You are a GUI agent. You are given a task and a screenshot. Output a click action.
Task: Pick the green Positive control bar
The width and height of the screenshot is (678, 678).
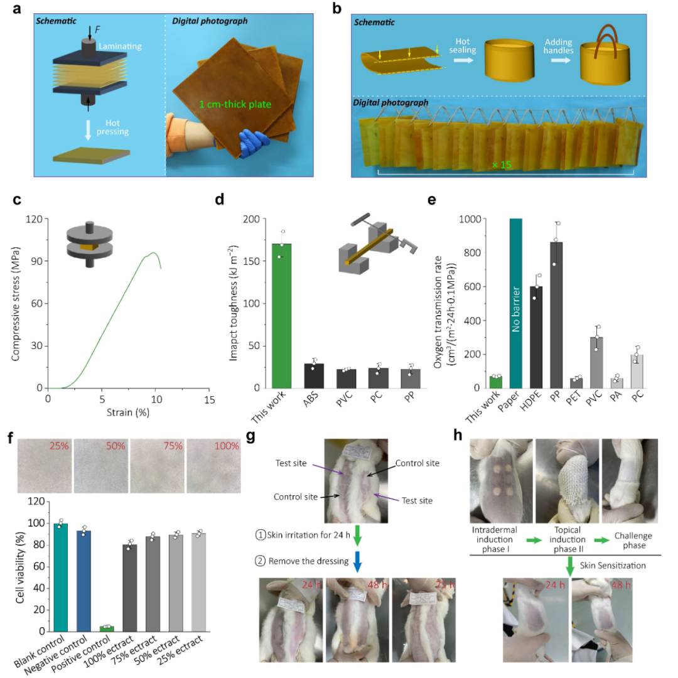pyautogui.click(x=107, y=628)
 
